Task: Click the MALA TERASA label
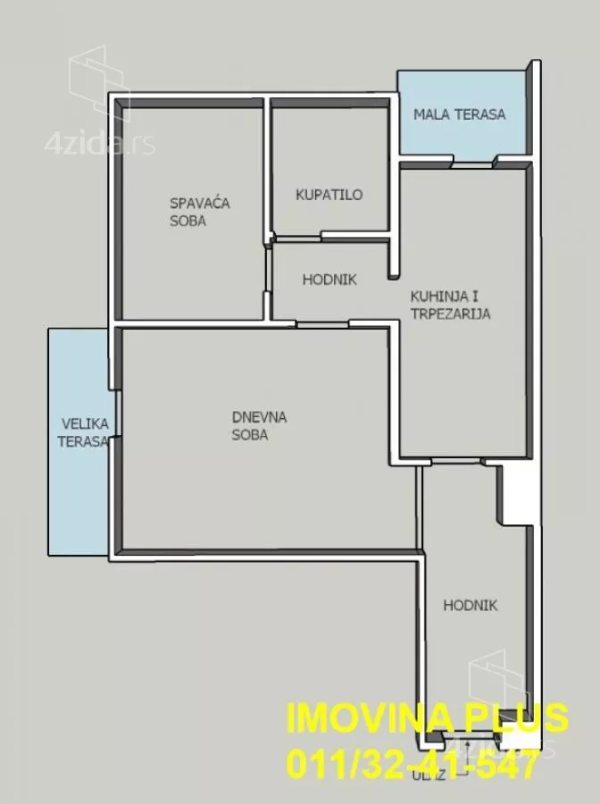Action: (x=460, y=113)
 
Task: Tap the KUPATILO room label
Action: (x=329, y=195)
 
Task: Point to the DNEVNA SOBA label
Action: (x=259, y=425)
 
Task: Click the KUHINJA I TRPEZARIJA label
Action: (x=450, y=305)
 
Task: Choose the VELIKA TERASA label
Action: (x=84, y=432)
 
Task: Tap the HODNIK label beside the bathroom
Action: (x=329, y=280)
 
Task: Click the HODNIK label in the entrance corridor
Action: (x=471, y=606)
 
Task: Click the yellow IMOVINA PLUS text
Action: (x=428, y=717)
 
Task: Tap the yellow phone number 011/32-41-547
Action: (x=413, y=764)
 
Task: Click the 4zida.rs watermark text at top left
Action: (x=99, y=145)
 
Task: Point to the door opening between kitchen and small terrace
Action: (x=473, y=164)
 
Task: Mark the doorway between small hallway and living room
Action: (x=322, y=324)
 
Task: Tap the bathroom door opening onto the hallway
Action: (x=298, y=239)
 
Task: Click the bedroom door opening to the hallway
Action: (x=267, y=270)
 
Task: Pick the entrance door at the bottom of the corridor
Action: (x=469, y=737)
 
